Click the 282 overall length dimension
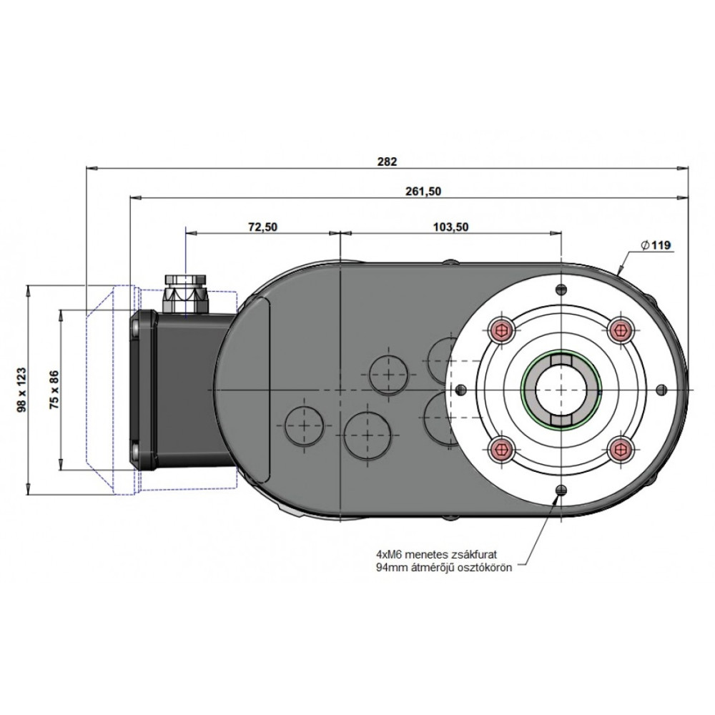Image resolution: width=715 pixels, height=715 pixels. tap(387, 162)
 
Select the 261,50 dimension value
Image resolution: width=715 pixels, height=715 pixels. tap(423, 192)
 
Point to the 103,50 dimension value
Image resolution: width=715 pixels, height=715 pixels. tap(450, 227)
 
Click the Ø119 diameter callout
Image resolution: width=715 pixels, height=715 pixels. tap(656, 245)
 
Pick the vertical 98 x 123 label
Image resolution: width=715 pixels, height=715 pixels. tap(21, 390)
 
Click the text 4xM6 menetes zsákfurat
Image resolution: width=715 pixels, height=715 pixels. tap(436, 555)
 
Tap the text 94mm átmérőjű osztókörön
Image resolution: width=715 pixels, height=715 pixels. tap(444, 568)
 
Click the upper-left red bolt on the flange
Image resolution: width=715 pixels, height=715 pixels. tap(502, 328)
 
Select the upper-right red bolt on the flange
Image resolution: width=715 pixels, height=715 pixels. tap(621, 328)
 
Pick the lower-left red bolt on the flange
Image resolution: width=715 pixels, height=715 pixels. tap(502, 450)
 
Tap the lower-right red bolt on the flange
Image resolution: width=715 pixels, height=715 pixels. tap(621, 450)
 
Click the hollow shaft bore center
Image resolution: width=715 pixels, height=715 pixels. tap(561, 390)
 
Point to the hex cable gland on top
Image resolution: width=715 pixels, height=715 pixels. tap(186, 293)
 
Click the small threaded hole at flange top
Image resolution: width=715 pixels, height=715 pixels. tap(561, 289)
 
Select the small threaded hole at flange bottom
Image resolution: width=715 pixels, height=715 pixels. tap(561, 490)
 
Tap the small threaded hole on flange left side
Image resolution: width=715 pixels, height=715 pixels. tap(461, 390)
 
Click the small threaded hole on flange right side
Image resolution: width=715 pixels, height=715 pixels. tap(661, 390)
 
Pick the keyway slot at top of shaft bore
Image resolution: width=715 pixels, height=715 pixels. tap(561, 360)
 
